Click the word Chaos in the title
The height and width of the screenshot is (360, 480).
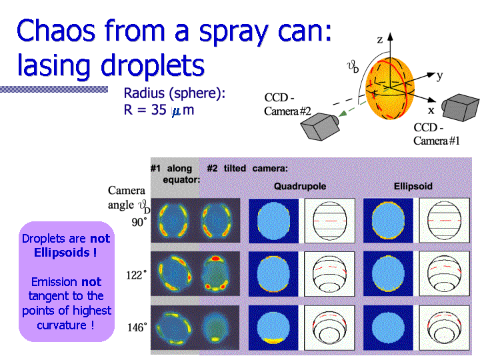56,31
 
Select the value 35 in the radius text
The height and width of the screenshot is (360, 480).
159,109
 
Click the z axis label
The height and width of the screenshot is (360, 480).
380,40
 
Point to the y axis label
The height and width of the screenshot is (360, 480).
439,75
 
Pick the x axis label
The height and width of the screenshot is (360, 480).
431,110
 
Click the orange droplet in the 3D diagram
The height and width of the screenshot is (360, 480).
390,88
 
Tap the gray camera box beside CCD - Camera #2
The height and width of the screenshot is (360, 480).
320,127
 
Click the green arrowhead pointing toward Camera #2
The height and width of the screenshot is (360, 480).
343,113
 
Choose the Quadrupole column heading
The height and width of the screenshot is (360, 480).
300,186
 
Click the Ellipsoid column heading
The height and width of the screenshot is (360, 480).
413,186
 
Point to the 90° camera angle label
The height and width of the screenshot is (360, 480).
139,222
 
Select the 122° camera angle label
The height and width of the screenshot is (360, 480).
136,275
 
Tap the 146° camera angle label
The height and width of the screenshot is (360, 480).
137,327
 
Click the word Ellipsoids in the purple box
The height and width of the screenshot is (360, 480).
62,253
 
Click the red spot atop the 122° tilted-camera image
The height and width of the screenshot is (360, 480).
216,259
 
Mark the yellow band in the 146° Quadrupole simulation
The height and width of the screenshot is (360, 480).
273,340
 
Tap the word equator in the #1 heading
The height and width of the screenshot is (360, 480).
180,179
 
